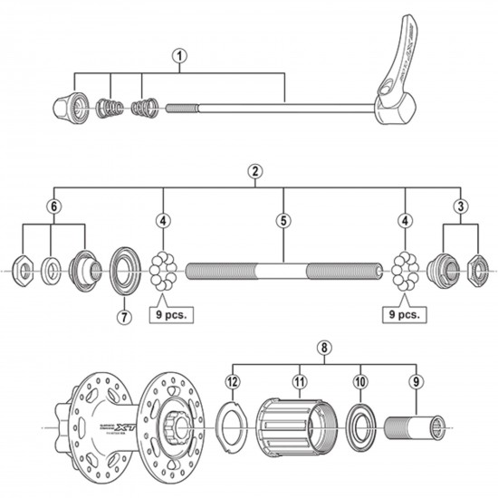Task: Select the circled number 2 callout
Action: click(x=256, y=171)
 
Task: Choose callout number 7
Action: click(x=124, y=316)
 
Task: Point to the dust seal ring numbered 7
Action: click(x=124, y=270)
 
